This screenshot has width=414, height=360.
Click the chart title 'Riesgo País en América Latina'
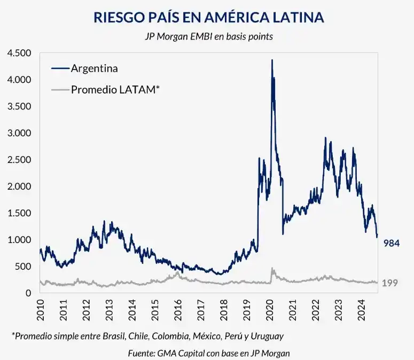209,17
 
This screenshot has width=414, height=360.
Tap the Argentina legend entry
94,68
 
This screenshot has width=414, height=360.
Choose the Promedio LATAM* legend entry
115,90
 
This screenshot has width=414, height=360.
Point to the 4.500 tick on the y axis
19,53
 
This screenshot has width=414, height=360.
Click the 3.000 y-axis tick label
19,133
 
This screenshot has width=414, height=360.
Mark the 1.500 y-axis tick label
19,213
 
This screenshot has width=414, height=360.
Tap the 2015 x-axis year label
155,310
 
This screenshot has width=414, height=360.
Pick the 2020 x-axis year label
269,310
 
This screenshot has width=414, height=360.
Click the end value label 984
392,243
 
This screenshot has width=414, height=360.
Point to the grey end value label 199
390,283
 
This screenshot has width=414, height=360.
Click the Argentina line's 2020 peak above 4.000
272,60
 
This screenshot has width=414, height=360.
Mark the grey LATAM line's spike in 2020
272,269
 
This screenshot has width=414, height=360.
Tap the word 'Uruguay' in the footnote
267,336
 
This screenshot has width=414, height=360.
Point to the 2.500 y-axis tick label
19,160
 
